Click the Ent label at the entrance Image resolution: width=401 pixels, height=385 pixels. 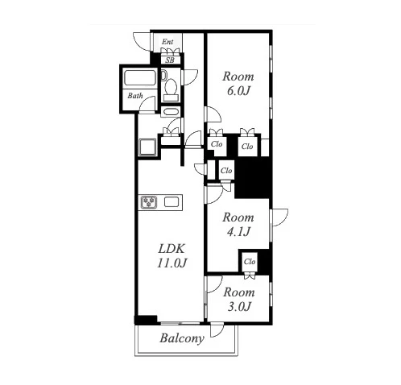(167, 42)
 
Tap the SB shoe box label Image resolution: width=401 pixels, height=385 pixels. (170, 60)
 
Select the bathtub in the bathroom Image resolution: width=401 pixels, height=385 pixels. (139, 78)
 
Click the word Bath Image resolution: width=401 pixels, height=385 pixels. (135, 96)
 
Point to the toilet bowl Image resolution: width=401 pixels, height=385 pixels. (171, 87)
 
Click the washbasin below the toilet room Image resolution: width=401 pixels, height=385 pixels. (171, 111)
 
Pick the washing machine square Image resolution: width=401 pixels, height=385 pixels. (147, 147)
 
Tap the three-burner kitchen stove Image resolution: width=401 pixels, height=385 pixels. (149, 202)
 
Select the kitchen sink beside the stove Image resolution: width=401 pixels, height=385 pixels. (172, 201)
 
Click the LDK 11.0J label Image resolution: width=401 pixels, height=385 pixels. (172, 256)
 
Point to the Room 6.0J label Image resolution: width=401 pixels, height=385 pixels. (238, 84)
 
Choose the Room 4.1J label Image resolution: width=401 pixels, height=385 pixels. (238, 225)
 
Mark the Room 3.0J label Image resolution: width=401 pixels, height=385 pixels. (239, 299)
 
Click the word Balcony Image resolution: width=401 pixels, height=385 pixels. (182, 338)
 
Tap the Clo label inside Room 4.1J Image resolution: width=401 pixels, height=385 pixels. (250, 261)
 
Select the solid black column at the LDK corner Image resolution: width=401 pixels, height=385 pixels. (146, 320)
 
